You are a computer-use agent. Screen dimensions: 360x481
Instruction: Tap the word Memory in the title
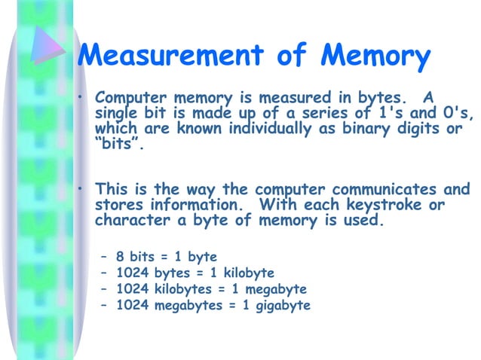tap(375, 55)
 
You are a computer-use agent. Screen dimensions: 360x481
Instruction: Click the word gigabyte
tap(280, 305)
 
